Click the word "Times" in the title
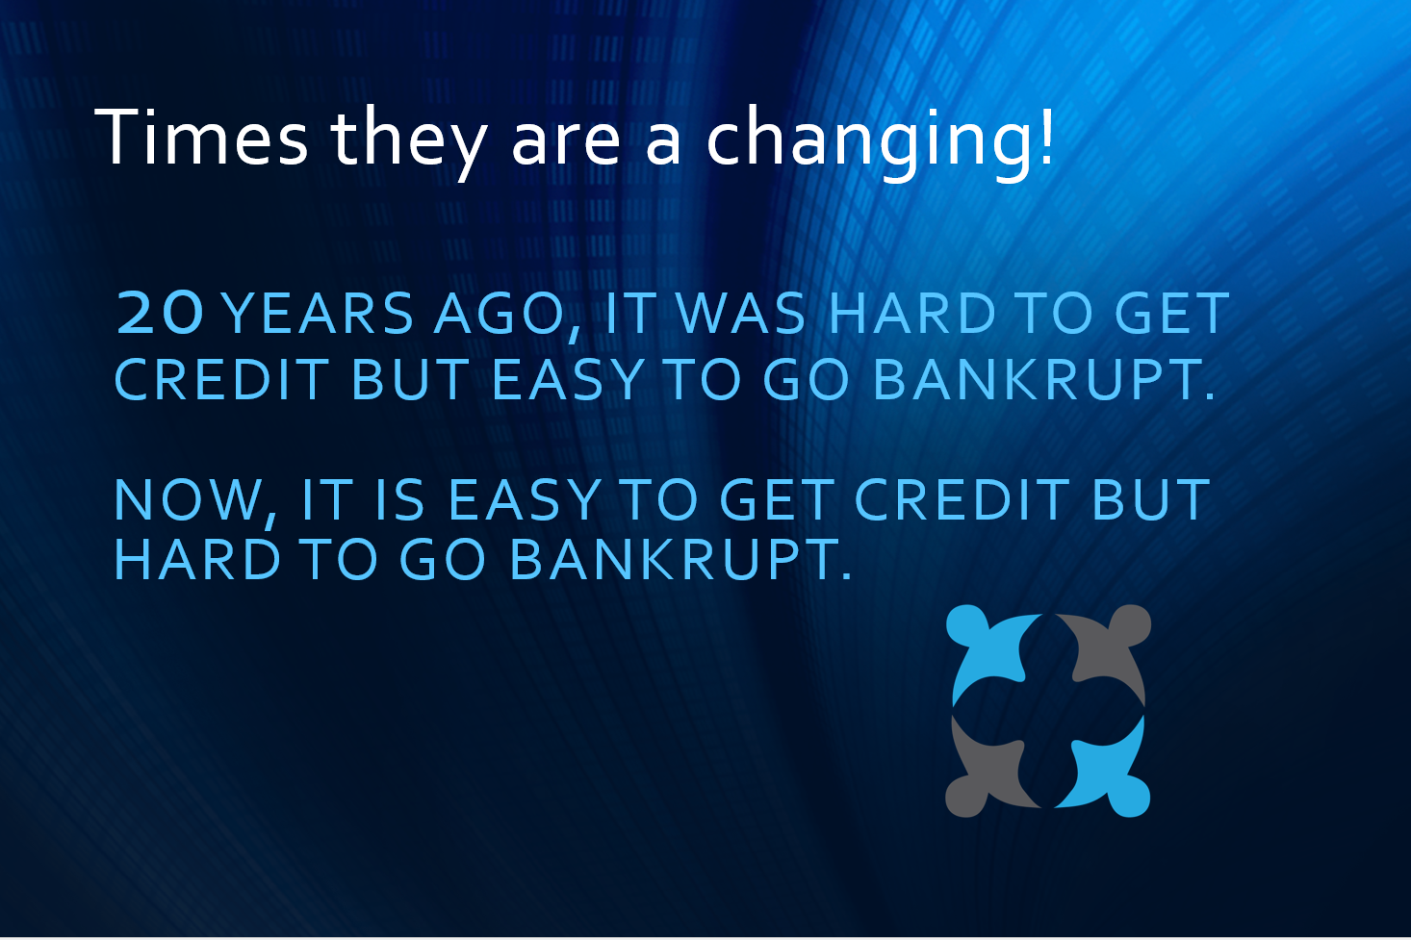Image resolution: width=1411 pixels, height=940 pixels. (x=201, y=137)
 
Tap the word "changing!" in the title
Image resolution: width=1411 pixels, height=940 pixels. (x=880, y=143)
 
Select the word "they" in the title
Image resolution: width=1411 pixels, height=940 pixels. (x=409, y=143)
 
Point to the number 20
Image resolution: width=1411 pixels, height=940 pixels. (x=160, y=313)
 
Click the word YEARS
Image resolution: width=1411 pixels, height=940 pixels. (x=319, y=313)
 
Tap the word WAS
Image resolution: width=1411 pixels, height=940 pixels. (x=741, y=313)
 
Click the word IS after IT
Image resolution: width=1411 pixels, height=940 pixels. (x=400, y=499)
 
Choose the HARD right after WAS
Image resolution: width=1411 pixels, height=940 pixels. (x=912, y=313)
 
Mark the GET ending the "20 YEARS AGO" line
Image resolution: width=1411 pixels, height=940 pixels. (x=1171, y=313)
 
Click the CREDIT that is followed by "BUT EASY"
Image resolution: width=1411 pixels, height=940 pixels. (x=221, y=379)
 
